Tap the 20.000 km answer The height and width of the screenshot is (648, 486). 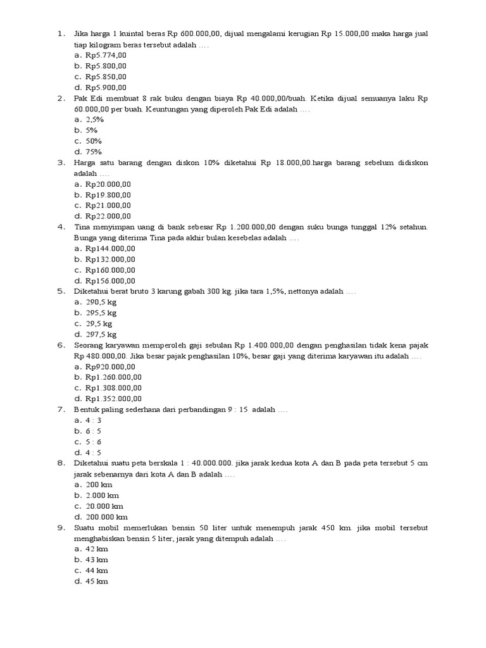point(104,506)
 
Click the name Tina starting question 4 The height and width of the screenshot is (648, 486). point(84,227)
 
